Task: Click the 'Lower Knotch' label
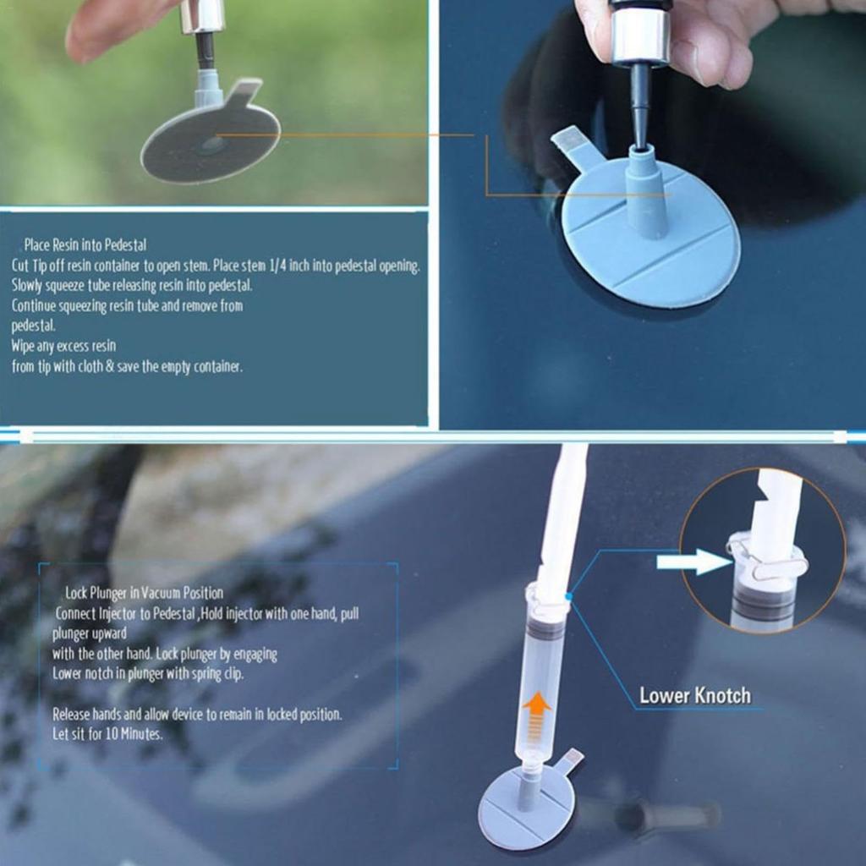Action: pyautogui.click(x=694, y=696)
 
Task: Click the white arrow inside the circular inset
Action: pyautogui.click(x=692, y=562)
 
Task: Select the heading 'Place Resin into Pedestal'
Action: pyautogui.click(x=85, y=245)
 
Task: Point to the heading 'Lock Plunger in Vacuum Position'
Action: pyautogui.click(x=145, y=593)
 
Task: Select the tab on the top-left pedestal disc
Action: pyautogui.click(x=244, y=92)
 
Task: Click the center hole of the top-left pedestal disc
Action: pyautogui.click(x=211, y=144)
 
